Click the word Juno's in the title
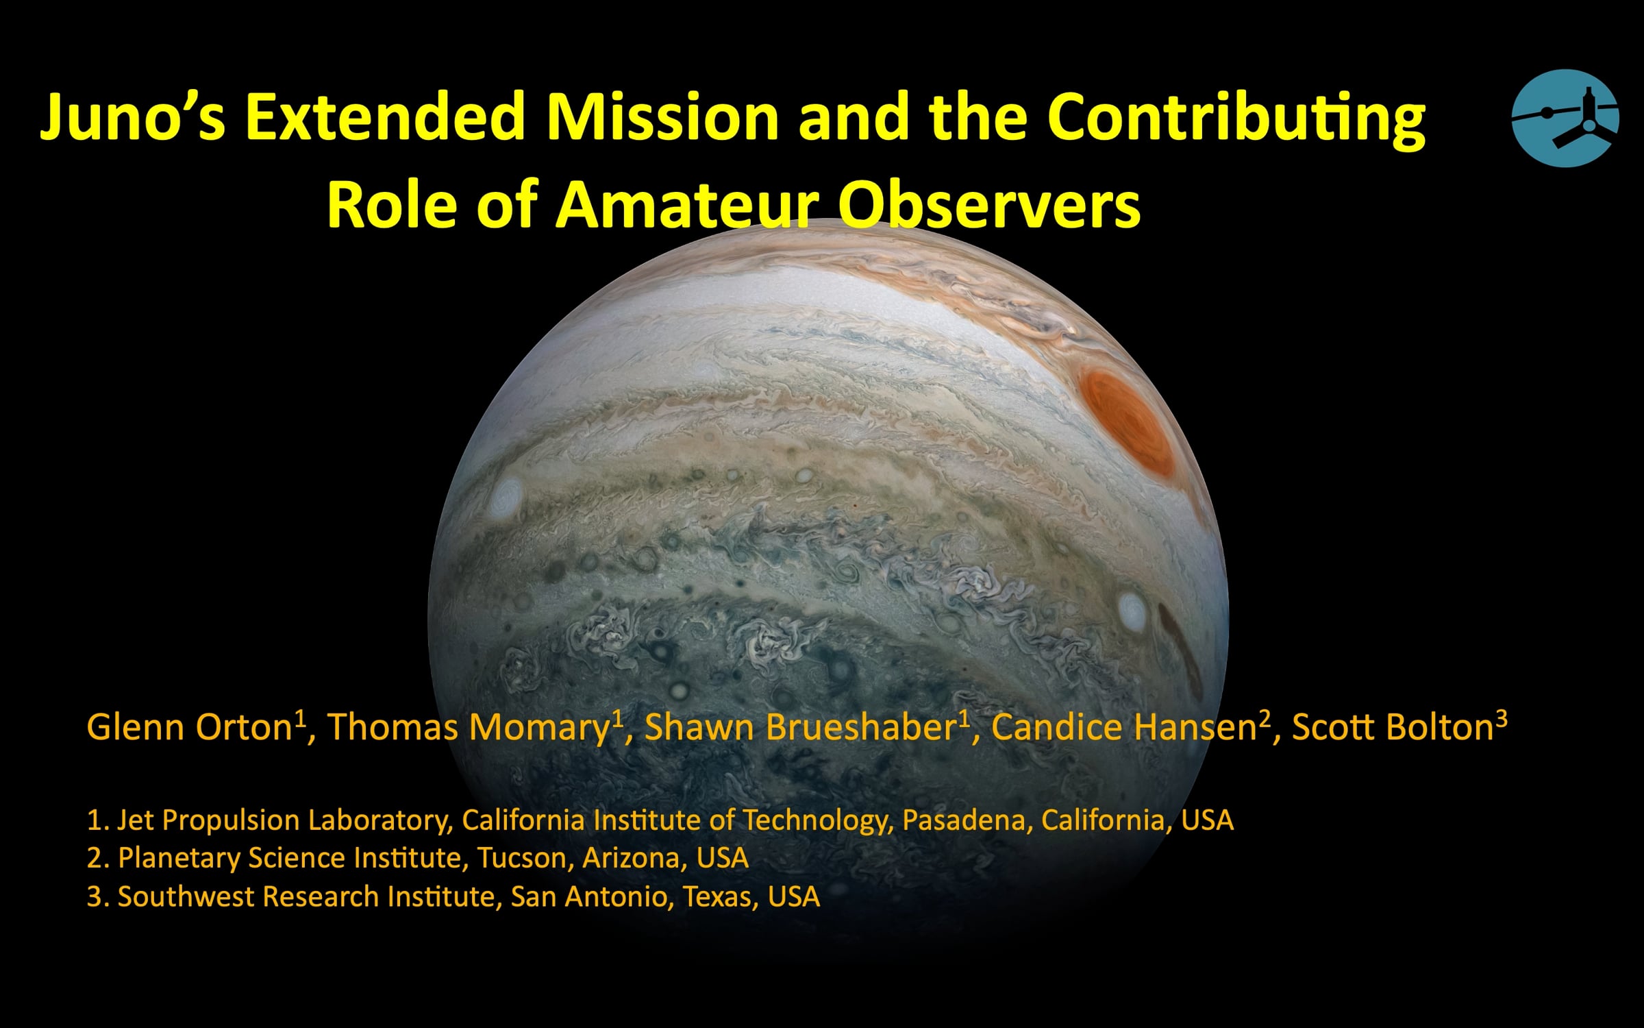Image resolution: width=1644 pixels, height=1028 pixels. point(133,118)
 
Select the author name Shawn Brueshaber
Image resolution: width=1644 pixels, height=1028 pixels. point(801,727)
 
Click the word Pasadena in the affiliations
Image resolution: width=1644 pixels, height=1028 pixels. point(964,820)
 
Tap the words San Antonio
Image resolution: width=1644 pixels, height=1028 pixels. point(590,896)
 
